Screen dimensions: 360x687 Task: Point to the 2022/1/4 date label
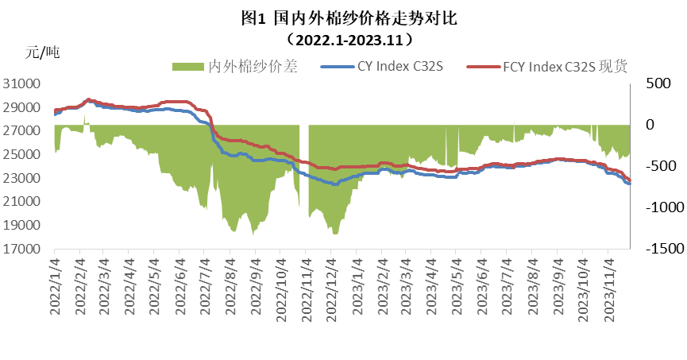(x=55, y=287)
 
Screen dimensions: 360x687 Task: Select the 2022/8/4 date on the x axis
(x=230, y=287)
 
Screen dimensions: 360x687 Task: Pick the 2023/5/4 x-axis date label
(x=455, y=287)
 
